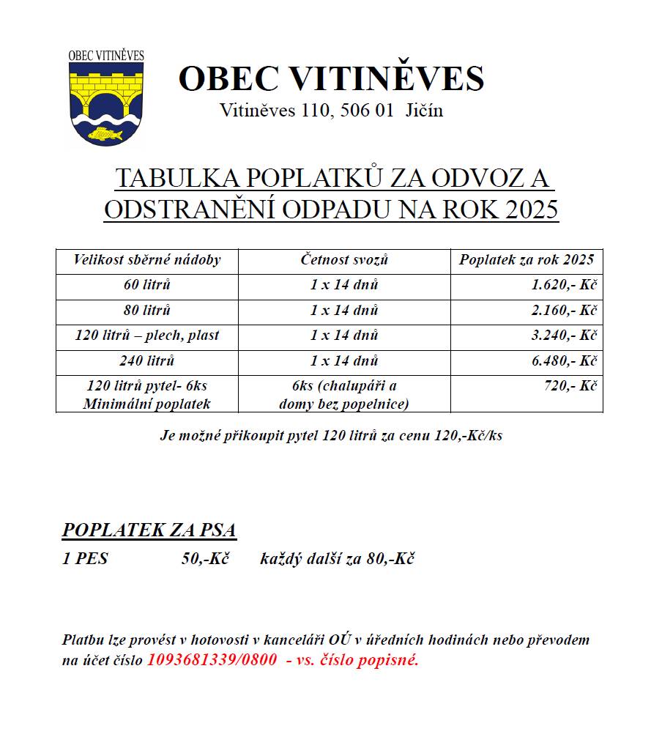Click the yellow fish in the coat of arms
(105, 133)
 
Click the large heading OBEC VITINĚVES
(331, 78)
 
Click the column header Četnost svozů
(344, 260)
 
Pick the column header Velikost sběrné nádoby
(147, 260)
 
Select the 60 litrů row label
(147, 285)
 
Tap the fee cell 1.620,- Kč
(565, 286)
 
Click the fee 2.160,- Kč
(565, 311)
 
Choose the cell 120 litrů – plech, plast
(147, 336)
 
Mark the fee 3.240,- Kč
(565, 336)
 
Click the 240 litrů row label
(147, 360)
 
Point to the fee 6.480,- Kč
(565, 360)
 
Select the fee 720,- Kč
(570, 386)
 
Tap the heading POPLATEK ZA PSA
(149, 530)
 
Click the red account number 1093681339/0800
(212, 659)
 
